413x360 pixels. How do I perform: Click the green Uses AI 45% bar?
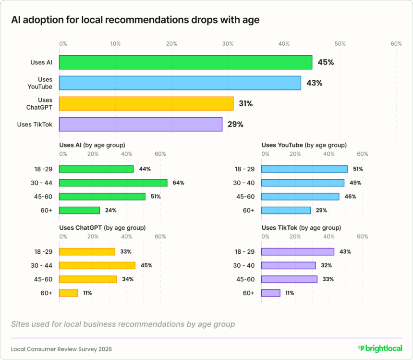[x=185, y=62]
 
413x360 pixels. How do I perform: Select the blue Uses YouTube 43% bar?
[x=180, y=83]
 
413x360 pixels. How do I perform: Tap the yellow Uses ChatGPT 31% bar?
[x=146, y=103]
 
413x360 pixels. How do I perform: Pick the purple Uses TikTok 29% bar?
[x=141, y=124]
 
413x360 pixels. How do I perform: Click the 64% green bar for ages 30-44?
[x=113, y=183]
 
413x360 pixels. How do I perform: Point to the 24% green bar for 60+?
[x=80, y=210]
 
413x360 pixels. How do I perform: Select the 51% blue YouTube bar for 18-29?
[x=304, y=169]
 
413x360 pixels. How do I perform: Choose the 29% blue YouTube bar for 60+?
[x=286, y=210]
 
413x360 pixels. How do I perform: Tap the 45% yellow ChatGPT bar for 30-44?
[x=97, y=265]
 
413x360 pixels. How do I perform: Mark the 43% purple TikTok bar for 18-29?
[x=298, y=251]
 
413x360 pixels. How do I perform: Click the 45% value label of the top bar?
[x=326, y=62]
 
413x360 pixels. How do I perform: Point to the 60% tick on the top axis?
[x=396, y=44]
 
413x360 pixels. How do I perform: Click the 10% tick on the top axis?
[x=115, y=44]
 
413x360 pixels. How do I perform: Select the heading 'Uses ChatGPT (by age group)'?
[x=102, y=227]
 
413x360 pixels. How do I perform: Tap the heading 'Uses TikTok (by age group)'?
[x=301, y=227]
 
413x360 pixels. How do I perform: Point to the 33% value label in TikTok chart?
[x=326, y=279]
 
